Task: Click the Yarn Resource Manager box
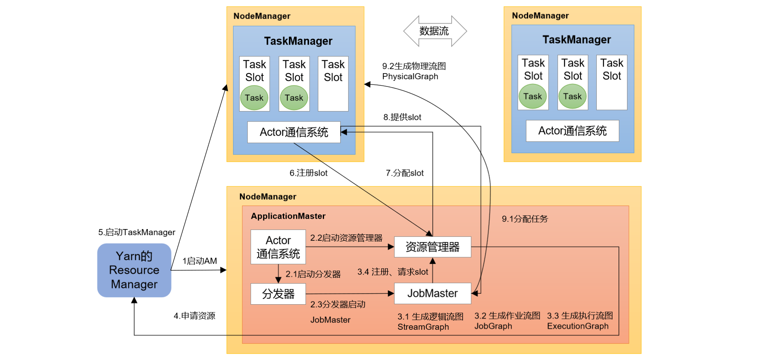tap(134, 270)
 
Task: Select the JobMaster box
tap(432, 293)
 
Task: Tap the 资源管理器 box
tap(432, 247)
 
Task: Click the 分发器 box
tap(278, 294)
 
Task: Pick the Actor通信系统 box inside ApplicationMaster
tap(278, 247)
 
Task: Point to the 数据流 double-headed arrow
tap(435, 31)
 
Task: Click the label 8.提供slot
tap(402, 117)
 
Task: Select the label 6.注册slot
tap(308, 173)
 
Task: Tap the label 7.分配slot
tap(404, 173)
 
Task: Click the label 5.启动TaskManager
tap(137, 232)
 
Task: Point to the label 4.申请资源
tap(194, 316)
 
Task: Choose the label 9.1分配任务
tap(524, 219)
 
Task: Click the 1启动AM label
tap(200, 261)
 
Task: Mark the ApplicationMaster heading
tap(288, 216)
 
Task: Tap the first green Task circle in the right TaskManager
tap(532, 97)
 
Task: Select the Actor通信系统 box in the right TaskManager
tap(572, 131)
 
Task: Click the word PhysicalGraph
tap(410, 77)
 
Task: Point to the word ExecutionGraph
tap(578, 326)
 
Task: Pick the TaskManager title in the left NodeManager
tap(298, 41)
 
